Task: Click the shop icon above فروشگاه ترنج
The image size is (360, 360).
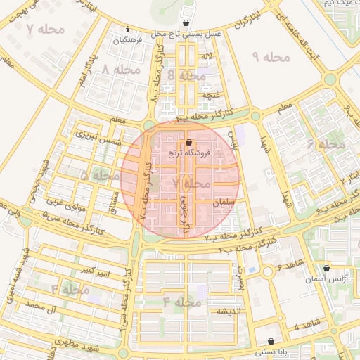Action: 178,143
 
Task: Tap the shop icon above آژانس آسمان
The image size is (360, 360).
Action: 326,269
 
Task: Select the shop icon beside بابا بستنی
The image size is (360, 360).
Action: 271,342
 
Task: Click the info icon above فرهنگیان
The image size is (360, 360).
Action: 127,30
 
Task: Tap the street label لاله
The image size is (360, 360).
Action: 207,55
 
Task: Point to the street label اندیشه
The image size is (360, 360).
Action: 229,311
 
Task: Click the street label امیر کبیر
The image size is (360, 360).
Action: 93,270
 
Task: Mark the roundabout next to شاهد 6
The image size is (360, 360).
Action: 268,272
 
